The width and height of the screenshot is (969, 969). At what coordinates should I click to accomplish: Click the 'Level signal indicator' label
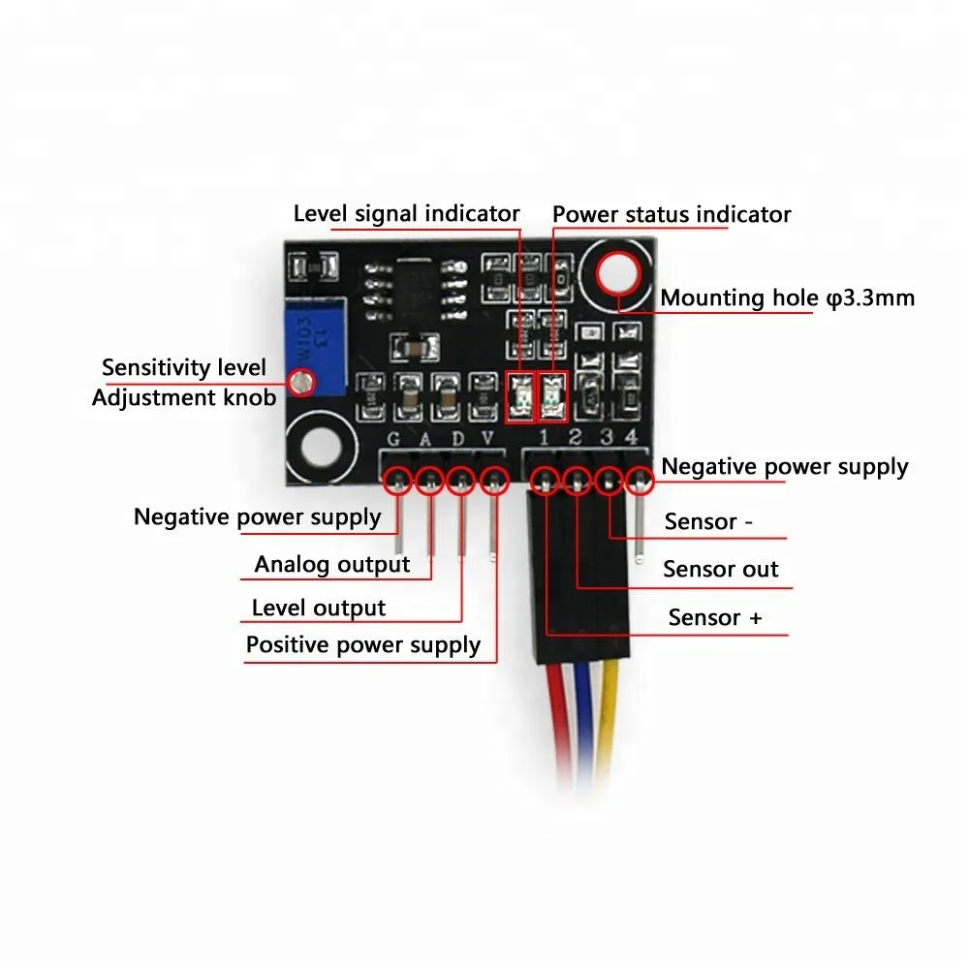(406, 214)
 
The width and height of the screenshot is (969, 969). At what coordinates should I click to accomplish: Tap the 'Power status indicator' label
(672, 214)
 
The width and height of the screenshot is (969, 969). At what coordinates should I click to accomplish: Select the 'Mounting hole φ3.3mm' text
(787, 297)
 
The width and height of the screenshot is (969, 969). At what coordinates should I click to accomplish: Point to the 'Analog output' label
(332, 564)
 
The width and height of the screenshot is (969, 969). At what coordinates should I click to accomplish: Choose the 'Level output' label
(318, 609)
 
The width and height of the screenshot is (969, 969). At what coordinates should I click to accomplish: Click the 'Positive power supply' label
(363, 645)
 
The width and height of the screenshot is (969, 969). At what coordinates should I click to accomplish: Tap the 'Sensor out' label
(720, 569)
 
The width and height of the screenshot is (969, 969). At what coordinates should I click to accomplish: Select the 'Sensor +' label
(716, 617)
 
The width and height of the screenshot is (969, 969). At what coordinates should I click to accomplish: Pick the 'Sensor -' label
(708, 522)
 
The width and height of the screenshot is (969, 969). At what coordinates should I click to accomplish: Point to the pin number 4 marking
(631, 438)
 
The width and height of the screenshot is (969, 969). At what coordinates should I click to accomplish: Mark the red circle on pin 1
(547, 479)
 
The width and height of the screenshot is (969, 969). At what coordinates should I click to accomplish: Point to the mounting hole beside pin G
(321, 447)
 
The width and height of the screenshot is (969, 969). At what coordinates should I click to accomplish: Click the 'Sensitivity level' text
(183, 368)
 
